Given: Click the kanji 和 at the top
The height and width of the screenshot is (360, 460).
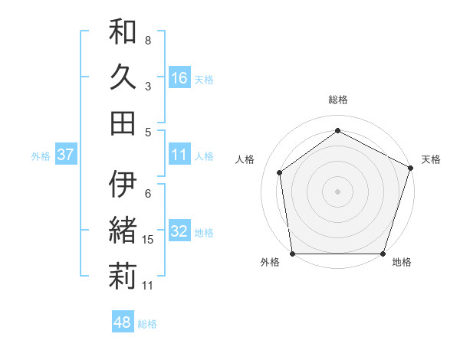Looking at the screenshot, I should tap(123, 31).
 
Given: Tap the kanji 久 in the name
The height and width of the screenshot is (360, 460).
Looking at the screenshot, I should tap(123, 77).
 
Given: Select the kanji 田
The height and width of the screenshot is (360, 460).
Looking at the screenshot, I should tap(123, 123).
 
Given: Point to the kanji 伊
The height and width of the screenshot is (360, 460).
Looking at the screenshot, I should tap(123, 185).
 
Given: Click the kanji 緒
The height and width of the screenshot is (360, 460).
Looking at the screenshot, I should tap(123, 230).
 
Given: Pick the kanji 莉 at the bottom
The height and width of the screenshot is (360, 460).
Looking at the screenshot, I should tap(123, 277).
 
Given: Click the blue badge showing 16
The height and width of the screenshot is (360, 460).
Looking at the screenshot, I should tap(179, 77).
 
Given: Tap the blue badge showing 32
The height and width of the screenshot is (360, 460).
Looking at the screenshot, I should tap(179, 232).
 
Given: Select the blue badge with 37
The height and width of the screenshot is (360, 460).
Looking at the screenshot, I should tap(65, 155).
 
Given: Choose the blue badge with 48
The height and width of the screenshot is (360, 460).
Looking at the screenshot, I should tap(123, 322).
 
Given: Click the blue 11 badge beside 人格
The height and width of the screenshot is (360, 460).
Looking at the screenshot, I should tap(179, 155).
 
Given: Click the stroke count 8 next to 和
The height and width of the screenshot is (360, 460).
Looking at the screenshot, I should tap(148, 40).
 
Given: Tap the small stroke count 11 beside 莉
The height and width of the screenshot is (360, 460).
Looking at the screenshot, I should tap(148, 286).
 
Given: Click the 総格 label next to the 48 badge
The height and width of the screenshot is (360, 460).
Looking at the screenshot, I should tap(147, 324).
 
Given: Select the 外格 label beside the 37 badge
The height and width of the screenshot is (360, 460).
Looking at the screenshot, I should tap(40, 156).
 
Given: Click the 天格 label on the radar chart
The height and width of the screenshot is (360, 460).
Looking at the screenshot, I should tap(431, 159).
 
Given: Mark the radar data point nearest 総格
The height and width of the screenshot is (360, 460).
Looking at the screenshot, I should tap(337, 130).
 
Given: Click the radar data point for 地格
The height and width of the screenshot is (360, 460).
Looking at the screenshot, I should tap(383, 254).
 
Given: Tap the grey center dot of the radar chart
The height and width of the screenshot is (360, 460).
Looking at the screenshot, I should tap(337, 191).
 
